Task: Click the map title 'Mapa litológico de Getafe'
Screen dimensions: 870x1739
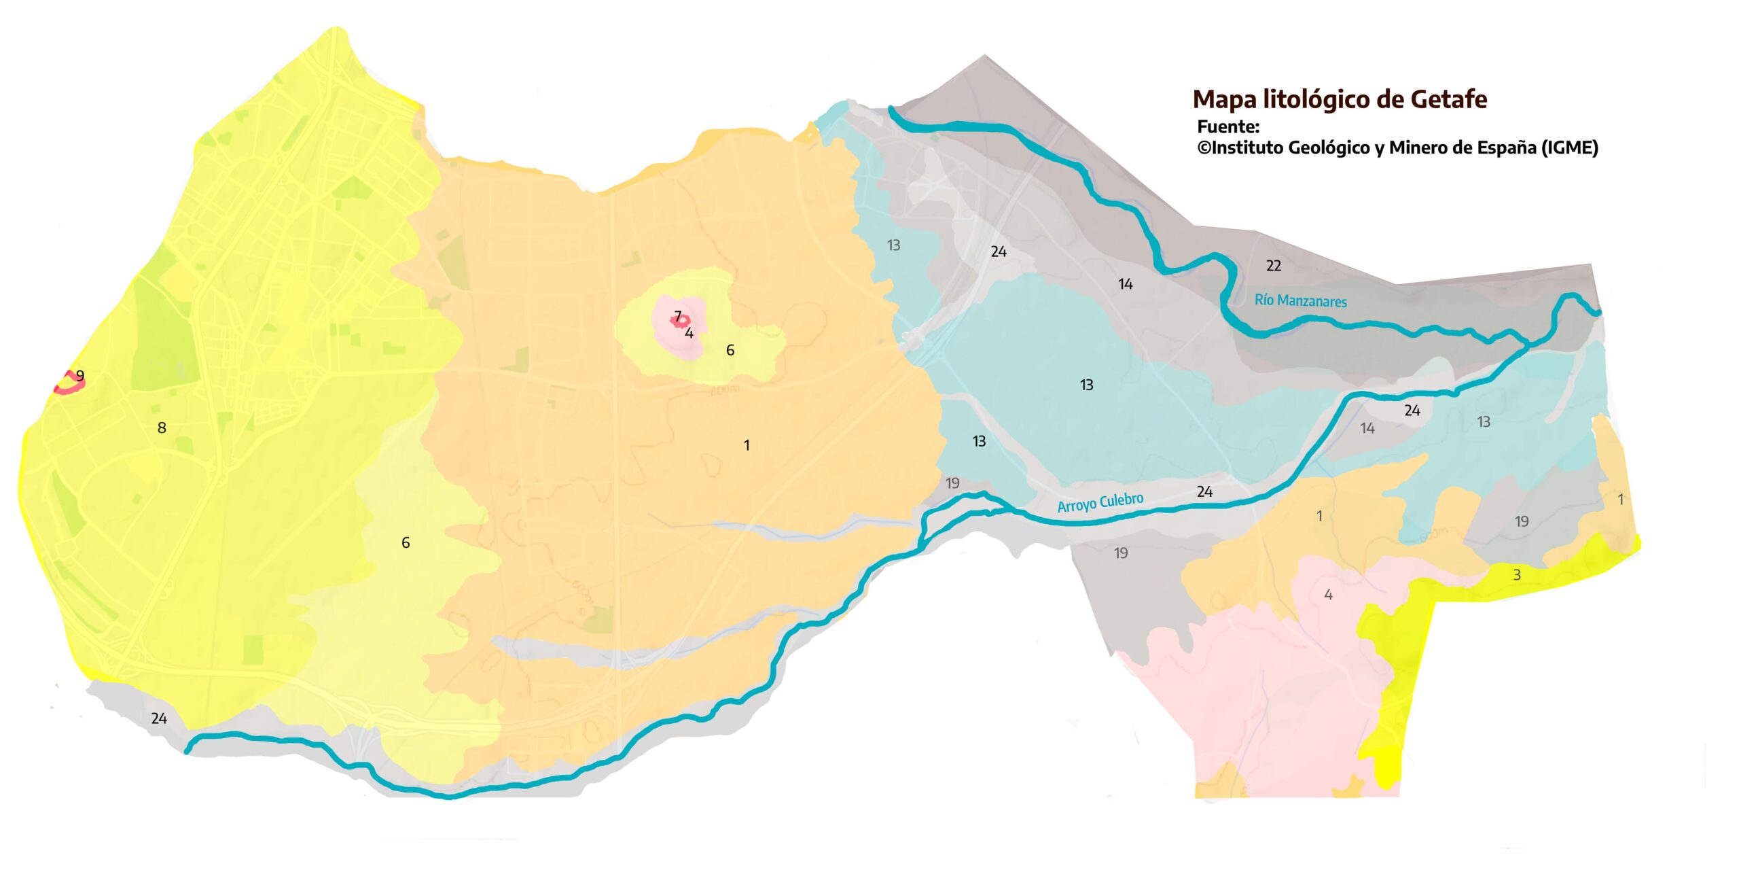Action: coord(1340,99)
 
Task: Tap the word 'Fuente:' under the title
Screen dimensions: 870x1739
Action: coord(1228,126)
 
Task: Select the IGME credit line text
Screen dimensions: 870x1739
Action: coord(1397,147)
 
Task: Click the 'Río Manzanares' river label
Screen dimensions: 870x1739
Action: coord(1300,300)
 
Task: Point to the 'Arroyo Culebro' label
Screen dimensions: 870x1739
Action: coord(1100,502)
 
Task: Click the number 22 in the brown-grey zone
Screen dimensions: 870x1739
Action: coord(1274,266)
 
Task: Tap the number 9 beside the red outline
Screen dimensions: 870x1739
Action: coord(80,375)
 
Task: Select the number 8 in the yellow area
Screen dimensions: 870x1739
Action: coord(162,428)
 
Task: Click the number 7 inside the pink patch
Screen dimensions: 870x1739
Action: coord(677,316)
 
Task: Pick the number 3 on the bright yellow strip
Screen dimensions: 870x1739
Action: coord(1517,575)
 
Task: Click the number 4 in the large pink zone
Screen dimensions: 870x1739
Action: coord(1328,595)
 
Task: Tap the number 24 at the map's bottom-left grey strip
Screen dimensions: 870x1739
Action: coord(159,718)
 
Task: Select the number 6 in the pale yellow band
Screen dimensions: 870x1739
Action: coord(406,542)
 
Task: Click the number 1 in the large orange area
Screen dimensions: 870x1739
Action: coord(747,445)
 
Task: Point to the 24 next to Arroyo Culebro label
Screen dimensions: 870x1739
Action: coord(1204,491)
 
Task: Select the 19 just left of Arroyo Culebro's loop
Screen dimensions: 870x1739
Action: coord(952,483)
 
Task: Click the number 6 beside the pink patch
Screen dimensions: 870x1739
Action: coord(730,350)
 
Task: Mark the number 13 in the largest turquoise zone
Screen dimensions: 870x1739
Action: coord(1087,385)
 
